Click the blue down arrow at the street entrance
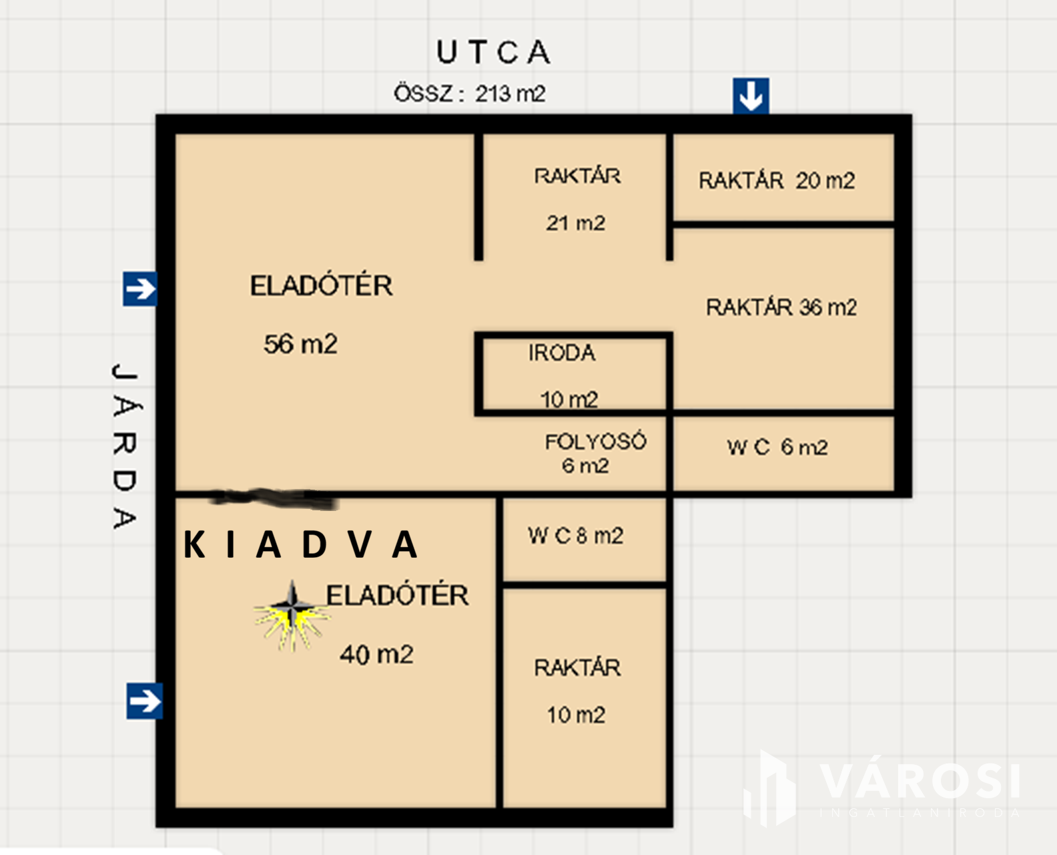(x=751, y=96)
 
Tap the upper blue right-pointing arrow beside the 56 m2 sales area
(x=140, y=289)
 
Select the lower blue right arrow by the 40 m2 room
(x=144, y=701)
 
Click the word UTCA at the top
(x=493, y=52)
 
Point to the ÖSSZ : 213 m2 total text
(x=470, y=94)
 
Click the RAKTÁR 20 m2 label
(x=777, y=180)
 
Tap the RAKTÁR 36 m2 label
(x=781, y=307)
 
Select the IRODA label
(x=561, y=353)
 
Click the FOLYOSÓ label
(x=595, y=442)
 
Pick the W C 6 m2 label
(x=777, y=447)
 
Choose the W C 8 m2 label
(x=575, y=536)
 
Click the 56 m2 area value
(x=300, y=344)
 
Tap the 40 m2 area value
(x=376, y=655)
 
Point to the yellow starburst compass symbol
(x=292, y=616)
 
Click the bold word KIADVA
(x=300, y=545)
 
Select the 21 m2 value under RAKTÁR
(x=576, y=223)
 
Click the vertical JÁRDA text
(x=125, y=446)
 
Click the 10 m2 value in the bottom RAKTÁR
(x=576, y=715)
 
